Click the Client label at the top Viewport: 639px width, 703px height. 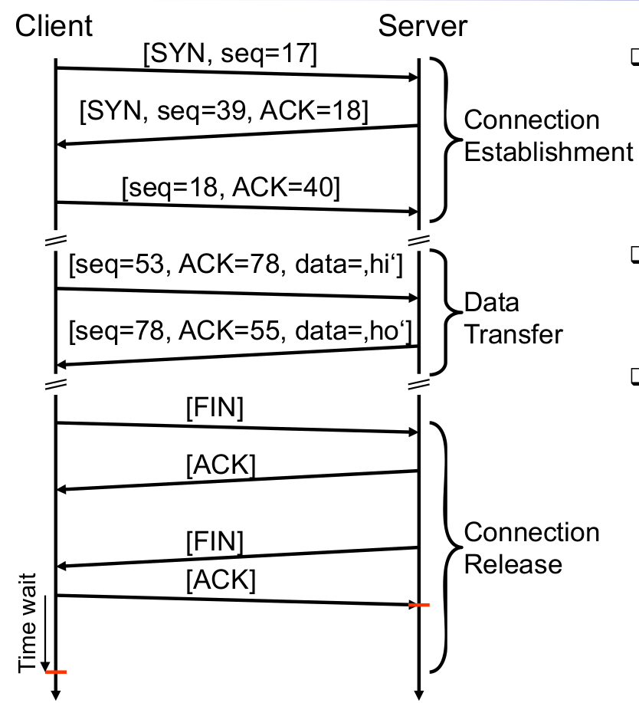point(54,26)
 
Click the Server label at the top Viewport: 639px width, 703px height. point(422,26)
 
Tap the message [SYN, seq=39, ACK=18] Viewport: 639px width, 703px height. point(224,112)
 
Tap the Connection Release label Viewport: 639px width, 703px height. point(531,548)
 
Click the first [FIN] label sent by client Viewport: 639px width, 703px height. point(215,409)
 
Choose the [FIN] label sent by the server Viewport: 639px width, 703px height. point(215,543)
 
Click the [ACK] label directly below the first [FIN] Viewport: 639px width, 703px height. point(221,465)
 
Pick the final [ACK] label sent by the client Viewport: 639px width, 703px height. point(221,580)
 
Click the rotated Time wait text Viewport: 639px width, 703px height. point(28,622)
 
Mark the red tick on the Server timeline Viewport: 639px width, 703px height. point(418,606)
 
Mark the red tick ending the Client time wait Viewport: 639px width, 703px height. point(56,672)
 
